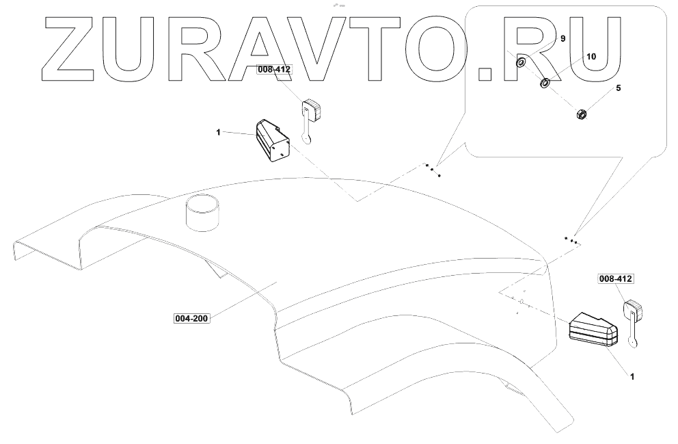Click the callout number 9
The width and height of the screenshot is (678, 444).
point(562,39)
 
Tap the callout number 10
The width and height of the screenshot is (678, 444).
point(591,57)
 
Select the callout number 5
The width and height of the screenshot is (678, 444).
point(618,88)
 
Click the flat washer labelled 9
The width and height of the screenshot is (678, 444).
point(521,63)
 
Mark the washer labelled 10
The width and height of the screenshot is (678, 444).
point(545,83)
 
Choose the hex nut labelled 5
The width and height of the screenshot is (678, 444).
point(578,114)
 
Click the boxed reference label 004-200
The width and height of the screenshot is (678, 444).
point(191,318)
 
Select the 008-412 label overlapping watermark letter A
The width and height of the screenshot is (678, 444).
point(273,69)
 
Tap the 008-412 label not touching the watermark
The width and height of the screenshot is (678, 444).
point(615,279)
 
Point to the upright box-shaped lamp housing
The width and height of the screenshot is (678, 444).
point(273,142)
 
